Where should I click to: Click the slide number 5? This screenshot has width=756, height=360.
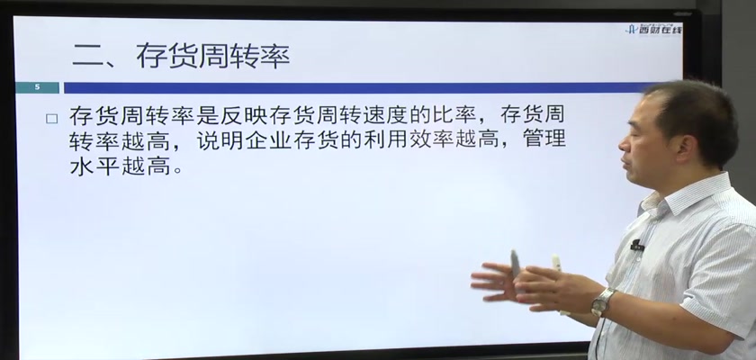pyautogui.click(x=37, y=87)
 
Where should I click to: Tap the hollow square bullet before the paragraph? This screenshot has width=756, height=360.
pyautogui.click(x=51, y=119)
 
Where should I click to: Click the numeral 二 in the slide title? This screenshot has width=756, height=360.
pyautogui.click(x=87, y=57)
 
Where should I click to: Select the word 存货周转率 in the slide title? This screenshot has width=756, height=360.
pyautogui.click(x=213, y=56)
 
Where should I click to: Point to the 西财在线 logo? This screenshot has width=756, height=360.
pyautogui.click(x=653, y=30)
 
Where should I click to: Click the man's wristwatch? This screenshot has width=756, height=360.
pyautogui.click(x=603, y=301)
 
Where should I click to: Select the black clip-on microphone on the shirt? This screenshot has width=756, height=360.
pyautogui.click(x=637, y=246)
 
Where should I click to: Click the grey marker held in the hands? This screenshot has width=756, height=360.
pyautogui.click(x=515, y=263)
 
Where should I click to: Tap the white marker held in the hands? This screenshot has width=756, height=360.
pyautogui.click(x=556, y=264)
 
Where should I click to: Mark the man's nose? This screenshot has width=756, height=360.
pyautogui.click(x=624, y=144)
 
